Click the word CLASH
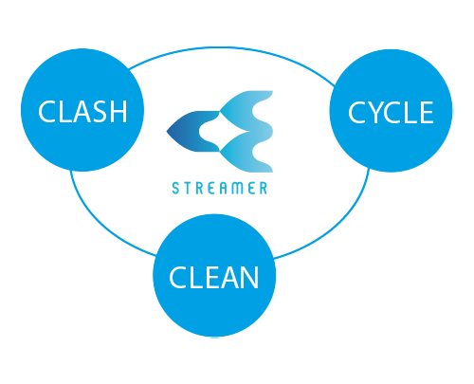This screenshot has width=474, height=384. coord(82,111)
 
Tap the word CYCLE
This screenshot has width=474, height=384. coord(391,112)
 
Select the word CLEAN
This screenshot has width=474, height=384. coord(214,277)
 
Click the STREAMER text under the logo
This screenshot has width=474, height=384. coord(220,188)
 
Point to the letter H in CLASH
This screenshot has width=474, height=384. coord(118,111)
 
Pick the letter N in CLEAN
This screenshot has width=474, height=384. coord(249,277)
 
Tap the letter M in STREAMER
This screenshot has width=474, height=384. coord(238,189)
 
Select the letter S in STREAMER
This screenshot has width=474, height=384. coord(175,189)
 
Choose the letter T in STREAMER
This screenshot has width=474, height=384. coord(187,189)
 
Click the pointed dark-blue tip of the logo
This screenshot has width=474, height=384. coord(167,132)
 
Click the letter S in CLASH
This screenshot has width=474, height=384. coord(99,111)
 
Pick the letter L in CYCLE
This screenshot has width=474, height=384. coord(410,113)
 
